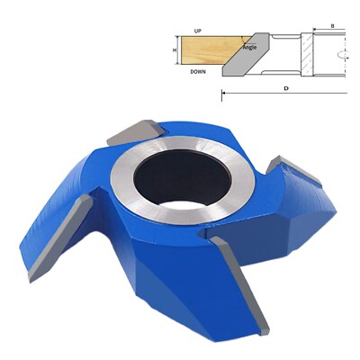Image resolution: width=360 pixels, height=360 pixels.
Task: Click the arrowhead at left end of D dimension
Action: pos(225,93)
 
